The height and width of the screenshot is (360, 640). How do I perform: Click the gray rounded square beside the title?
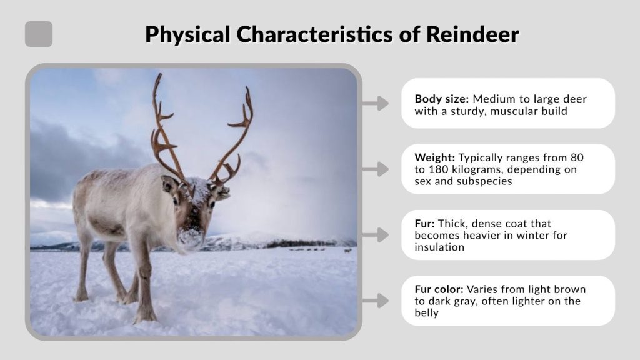click(39, 34)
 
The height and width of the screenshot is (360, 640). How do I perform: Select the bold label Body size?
click(442, 99)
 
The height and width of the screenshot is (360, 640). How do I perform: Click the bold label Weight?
click(434, 157)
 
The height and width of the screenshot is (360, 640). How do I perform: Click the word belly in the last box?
click(427, 313)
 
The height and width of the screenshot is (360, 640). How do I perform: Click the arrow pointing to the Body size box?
click(375, 103)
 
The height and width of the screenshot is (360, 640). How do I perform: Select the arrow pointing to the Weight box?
click(375, 169)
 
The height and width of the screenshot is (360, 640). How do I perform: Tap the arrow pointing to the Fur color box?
click(375, 301)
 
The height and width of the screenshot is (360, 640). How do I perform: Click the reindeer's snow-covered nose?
click(191, 236)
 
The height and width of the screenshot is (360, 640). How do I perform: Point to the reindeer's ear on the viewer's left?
click(169, 184)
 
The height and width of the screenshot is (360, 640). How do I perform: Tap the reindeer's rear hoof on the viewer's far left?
click(81, 297)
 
